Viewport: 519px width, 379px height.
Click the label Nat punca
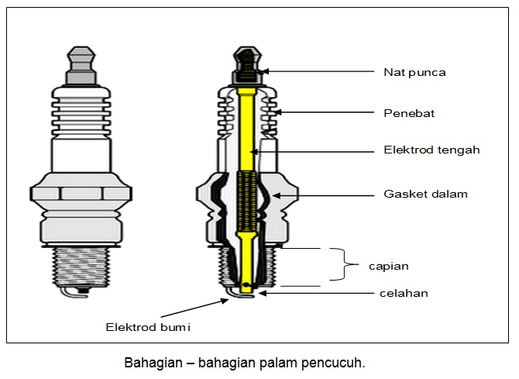(x=414, y=73)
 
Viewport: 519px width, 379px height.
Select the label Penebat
(x=409, y=113)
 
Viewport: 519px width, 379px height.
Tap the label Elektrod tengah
(x=431, y=150)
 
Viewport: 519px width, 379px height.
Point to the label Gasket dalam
(x=425, y=194)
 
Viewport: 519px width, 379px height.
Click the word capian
(x=388, y=266)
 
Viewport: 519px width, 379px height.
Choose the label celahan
(x=404, y=293)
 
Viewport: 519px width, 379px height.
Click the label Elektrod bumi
(x=148, y=327)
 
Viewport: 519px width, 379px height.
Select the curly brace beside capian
(x=338, y=264)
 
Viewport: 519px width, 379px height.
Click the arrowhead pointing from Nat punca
(x=265, y=72)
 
